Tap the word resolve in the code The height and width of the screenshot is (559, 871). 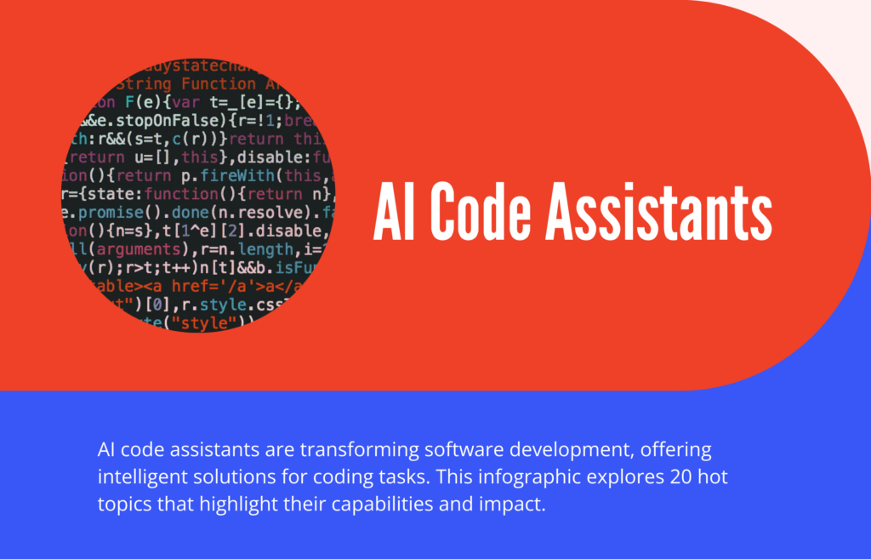click(267, 213)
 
